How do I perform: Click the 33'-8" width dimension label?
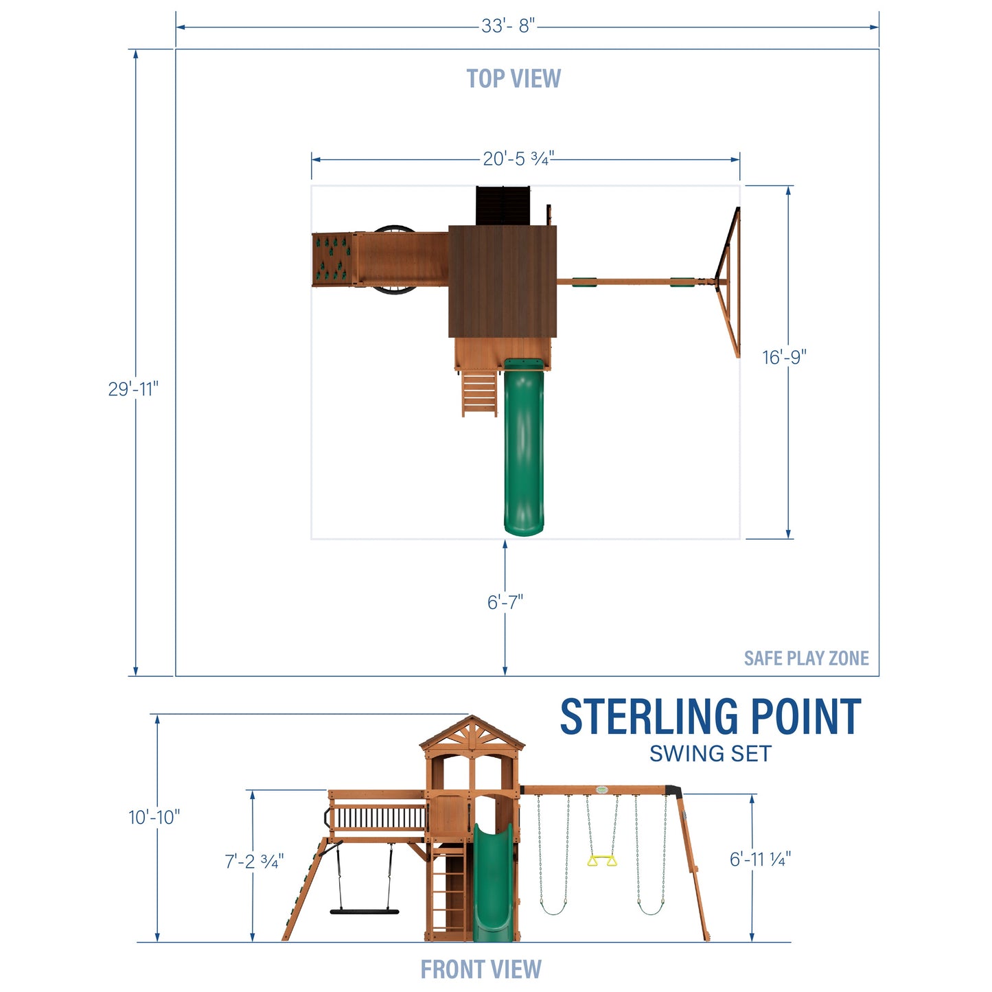(507, 27)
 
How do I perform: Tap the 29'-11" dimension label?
(133, 389)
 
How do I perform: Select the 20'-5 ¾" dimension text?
(518, 159)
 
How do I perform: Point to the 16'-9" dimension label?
(784, 357)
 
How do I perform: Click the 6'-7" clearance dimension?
(505, 602)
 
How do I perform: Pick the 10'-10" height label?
(154, 817)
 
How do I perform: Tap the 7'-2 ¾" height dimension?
(254, 861)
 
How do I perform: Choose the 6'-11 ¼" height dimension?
(760, 859)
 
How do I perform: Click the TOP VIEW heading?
(514, 79)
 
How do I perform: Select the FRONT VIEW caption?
(481, 969)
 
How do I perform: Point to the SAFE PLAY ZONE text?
(806, 658)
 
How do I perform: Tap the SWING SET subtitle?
(711, 754)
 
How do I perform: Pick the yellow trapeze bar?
(602, 860)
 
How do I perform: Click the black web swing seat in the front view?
(364, 912)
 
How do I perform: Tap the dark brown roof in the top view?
(503, 281)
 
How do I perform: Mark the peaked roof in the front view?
(472, 734)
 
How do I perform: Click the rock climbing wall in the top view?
(332, 259)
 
